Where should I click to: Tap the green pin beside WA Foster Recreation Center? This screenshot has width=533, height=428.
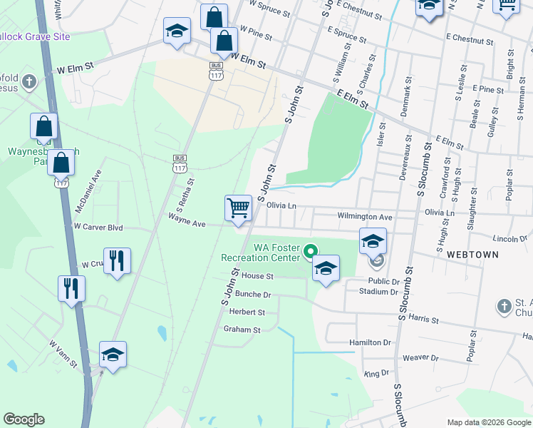[310, 251]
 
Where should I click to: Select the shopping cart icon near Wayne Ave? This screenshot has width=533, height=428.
[239, 208]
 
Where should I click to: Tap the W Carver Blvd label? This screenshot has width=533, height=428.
[98, 227]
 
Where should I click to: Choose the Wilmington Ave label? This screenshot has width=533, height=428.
[365, 216]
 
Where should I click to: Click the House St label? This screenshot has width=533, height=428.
[257, 276]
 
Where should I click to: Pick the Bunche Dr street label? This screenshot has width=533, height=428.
[253, 294]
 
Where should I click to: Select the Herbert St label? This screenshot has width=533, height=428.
[247, 312]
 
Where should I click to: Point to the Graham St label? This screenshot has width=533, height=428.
[242, 330]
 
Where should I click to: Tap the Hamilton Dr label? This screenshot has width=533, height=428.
[371, 342]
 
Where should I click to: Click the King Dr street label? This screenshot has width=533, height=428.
[376, 373]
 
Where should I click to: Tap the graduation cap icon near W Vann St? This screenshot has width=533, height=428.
[113, 355]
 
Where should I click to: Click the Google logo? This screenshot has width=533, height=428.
[24, 419]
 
